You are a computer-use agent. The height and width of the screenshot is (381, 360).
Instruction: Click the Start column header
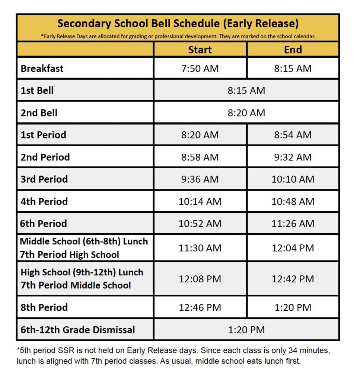tap(200, 50)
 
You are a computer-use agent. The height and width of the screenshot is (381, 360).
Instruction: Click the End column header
tap(293, 50)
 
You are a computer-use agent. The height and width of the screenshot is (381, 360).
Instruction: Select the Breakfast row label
tap(42, 68)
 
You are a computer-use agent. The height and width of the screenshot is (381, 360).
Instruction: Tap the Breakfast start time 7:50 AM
tap(200, 68)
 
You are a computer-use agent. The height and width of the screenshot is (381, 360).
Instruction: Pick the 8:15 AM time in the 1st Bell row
tap(246, 90)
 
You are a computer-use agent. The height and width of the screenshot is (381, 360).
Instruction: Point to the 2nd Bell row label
tap(39, 113)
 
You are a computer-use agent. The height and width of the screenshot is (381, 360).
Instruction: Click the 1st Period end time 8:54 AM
tap(293, 135)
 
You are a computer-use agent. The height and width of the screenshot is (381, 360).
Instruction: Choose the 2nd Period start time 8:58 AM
tap(200, 157)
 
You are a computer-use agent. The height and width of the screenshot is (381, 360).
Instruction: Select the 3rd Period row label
tap(44, 179)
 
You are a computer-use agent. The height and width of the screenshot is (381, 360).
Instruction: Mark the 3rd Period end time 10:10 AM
tap(293, 179)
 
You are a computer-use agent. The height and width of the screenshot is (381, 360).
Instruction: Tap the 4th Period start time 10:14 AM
tap(200, 201)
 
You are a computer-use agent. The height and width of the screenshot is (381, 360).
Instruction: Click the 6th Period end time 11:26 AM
tap(293, 224)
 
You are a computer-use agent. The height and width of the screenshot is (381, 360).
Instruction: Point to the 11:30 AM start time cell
tap(200, 248)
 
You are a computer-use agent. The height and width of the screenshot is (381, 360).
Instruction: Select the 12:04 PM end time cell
tap(293, 248)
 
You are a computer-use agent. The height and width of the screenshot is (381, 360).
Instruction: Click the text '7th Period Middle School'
tap(76, 285)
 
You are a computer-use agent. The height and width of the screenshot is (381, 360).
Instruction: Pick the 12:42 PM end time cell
tap(293, 279)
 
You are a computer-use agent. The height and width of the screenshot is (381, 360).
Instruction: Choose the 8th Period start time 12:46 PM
tap(200, 307)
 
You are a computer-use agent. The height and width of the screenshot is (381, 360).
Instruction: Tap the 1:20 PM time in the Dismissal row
tap(246, 330)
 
